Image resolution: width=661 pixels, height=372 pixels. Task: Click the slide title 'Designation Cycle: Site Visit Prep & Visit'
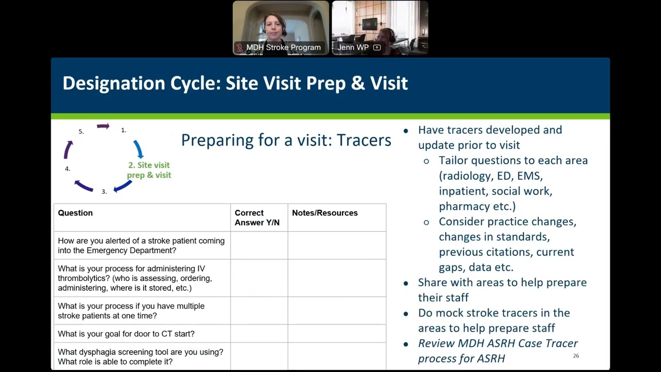click(x=235, y=83)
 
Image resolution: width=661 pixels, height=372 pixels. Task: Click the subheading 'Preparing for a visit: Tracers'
click(x=286, y=140)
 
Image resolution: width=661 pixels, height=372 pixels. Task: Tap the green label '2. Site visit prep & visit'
click(x=149, y=170)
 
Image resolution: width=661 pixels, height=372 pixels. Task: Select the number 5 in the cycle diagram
click(x=81, y=132)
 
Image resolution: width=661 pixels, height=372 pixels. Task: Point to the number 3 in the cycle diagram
click(x=104, y=192)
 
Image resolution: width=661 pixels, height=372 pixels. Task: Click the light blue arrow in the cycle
click(x=138, y=149)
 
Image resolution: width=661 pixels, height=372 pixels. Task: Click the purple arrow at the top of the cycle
click(x=103, y=126)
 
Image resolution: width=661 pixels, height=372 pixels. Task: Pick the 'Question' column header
click(x=75, y=213)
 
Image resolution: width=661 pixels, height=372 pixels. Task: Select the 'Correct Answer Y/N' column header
click(x=257, y=218)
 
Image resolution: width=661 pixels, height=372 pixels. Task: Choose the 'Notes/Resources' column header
click(x=325, y=213)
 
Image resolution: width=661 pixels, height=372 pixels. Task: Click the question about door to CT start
click(x=126, y=334)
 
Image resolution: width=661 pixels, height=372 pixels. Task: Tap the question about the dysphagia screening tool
click(x=140, y=357)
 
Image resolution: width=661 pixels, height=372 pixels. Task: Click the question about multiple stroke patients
click(x=131, y=311)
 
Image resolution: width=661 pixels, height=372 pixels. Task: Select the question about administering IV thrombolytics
click(x=135, y=278)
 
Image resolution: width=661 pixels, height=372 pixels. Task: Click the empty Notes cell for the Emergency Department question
click(x=337, y=245)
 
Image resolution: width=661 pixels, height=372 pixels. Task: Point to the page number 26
click(x=576, y=356)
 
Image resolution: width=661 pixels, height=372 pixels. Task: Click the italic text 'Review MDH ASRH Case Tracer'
click(x=498, y=344)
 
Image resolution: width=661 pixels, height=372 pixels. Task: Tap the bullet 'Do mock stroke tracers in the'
click(x=494, y=313)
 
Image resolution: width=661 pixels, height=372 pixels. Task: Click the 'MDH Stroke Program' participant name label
click(x=284, y=48)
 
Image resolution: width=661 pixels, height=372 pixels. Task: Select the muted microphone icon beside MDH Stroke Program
click(x=240, y=48)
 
